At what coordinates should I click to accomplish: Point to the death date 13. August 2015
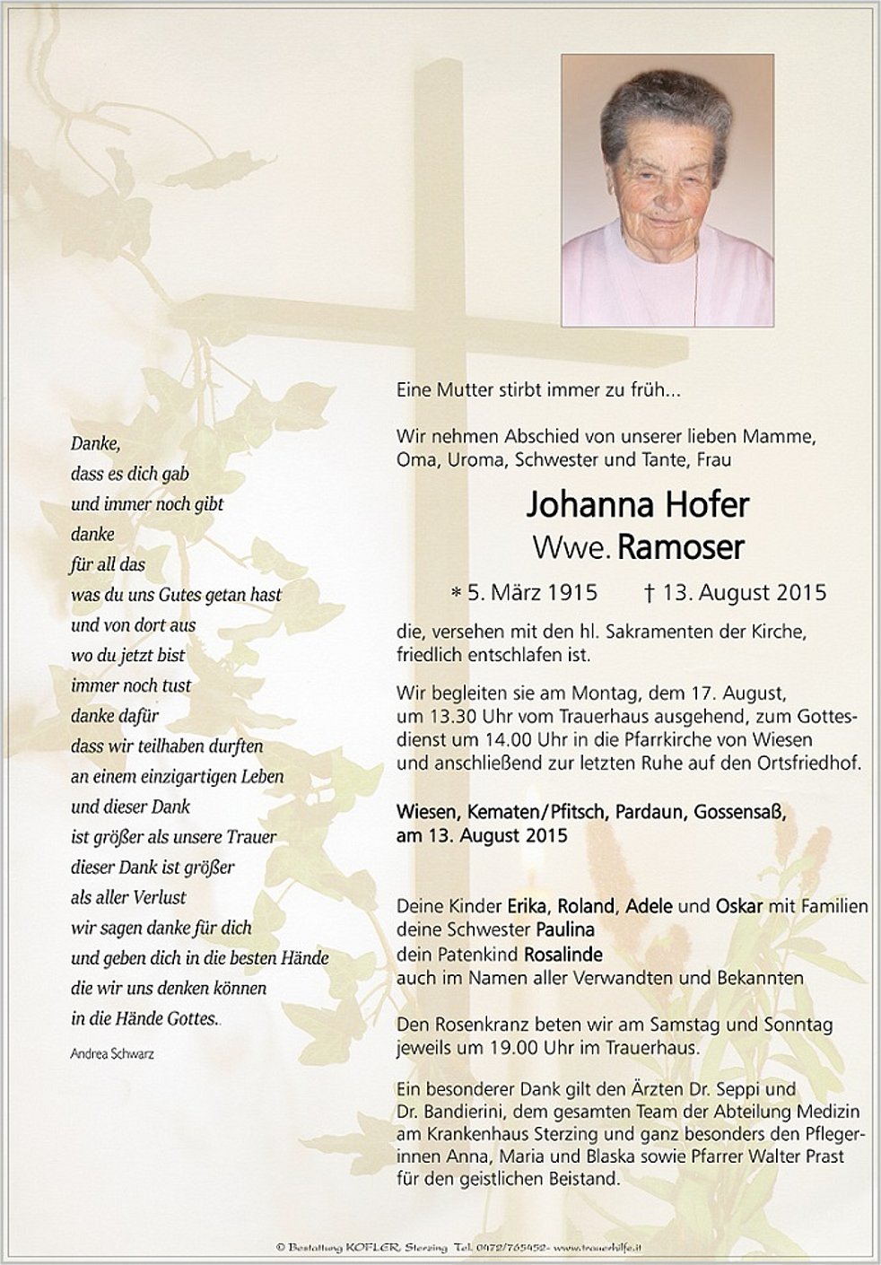tap(744, 593)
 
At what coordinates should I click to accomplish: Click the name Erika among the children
tap(527, 906)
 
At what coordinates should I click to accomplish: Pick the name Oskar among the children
tap(739, 906)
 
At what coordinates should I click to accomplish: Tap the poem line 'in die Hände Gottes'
tap(144, 1019)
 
